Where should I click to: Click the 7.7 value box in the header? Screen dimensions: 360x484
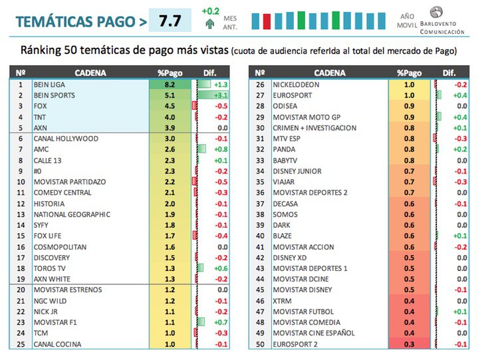pyautogui.click(x=170, y=21)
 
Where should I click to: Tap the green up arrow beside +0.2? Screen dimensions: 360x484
pyautogui.click(x=210, y=25)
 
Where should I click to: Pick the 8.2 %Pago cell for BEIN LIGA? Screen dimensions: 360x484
pyautogui.click(x=170, y=84)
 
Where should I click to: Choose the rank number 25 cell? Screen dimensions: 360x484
pyautogui.click(x=20, y=344)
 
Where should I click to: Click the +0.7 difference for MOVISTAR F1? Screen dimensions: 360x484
pyautogui.click(x=220, y=322)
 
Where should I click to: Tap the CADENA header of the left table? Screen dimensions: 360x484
pyautogui.click(x=88, y=72)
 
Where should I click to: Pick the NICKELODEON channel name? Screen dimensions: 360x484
pyautogui.click(x=296, y=84)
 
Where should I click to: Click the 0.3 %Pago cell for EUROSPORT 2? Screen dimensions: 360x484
pyautogui.click(x=409, y=344)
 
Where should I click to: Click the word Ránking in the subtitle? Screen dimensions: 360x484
pyautogui.click(x=41, y=50)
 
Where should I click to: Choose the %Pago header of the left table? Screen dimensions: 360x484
pyautogui.click(x=170, y=72)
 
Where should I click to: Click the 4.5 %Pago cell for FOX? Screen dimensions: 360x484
pyautogui.click(x=170, y=106)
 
